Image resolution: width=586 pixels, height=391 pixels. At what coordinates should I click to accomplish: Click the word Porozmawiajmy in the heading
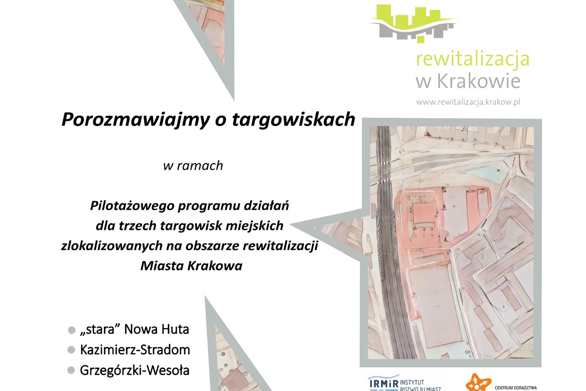135,120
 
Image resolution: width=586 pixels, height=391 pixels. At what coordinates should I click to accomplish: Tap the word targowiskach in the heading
293,120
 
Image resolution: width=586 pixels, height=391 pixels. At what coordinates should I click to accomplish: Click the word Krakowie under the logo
479,81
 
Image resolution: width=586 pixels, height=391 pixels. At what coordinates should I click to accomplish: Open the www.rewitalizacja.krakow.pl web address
468,102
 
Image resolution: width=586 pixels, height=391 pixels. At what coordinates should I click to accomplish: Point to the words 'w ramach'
193,165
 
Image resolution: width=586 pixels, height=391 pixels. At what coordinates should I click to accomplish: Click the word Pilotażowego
133,206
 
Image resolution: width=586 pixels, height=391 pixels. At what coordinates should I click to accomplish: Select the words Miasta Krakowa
191,266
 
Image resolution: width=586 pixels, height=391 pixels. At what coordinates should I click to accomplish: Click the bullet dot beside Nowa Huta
72,330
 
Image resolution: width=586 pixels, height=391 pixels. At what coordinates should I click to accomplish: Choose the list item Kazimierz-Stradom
135,350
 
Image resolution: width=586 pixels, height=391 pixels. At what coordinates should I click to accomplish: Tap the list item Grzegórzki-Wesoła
135,370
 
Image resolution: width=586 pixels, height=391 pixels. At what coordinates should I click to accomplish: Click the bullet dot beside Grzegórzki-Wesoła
71,370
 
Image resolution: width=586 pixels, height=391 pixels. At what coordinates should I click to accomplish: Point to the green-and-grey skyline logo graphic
413,23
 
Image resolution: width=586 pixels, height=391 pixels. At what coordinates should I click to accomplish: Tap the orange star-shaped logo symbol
478,383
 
